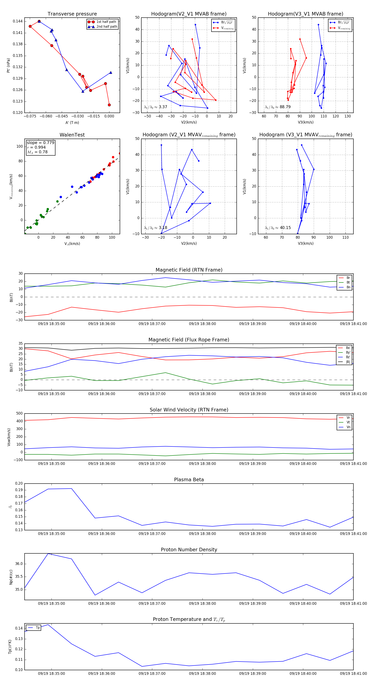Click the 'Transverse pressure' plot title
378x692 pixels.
(72, 14)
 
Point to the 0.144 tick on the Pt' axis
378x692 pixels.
(18, 21)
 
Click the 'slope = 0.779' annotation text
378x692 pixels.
(40, 143)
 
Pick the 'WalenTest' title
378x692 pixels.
(72, 135)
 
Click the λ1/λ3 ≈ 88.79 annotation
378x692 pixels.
(278, 107)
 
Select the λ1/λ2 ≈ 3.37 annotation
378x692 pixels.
(155, 107)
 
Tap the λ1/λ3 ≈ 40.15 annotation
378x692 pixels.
(278, 228)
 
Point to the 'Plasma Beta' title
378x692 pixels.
(189, 480)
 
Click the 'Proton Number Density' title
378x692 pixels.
(189, 550)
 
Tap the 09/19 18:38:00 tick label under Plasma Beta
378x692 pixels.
(202, 534)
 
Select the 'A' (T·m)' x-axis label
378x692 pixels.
(72, 123)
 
